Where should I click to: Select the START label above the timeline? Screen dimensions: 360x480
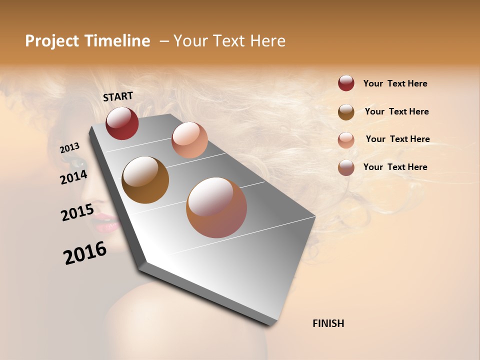[x=118, y=96]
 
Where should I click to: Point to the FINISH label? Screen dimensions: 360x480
[x=328, y=323]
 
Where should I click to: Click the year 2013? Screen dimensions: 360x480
[x=70, y=148]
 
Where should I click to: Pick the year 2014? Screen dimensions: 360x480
[x=73, y=177]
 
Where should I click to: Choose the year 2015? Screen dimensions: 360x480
[x=77, y=212]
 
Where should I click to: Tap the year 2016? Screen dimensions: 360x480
[x=85, y=252]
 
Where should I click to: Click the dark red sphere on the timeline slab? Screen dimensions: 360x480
[x=122, y=123]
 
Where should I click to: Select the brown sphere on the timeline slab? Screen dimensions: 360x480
[x=145, y=180]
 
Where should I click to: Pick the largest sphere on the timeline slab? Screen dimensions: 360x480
[x=216, y=207]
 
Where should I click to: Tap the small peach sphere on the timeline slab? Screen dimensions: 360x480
[x=189, y=140]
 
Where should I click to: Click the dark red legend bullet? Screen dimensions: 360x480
[x=346, y=83]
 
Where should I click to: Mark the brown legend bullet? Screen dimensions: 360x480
[x=346, y=112]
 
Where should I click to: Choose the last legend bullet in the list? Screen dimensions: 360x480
[x=346, y=167]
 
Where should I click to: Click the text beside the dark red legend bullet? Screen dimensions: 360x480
[x=395, y=83]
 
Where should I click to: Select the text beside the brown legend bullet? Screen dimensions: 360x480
[x=396, y=111]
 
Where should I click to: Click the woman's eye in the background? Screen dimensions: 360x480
[x=77, y=162]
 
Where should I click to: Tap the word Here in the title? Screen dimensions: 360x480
[x=267, y=41]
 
